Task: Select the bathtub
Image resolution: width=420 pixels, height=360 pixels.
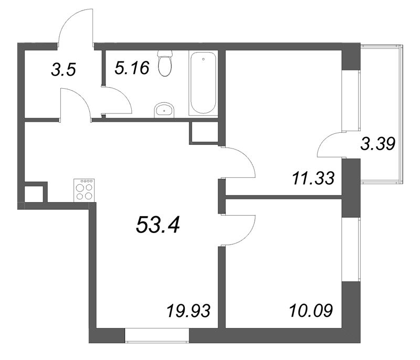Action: [x=203, y=83]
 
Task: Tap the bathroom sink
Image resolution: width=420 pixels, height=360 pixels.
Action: [x=164, y=110]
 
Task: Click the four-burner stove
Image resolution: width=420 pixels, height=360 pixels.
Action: [x=84, y=190]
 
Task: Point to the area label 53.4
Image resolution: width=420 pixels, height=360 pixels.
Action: [x=158, y=224]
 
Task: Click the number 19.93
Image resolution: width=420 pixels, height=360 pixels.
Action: [x=188, y=311]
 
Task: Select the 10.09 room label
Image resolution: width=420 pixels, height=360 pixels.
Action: [x=311, y=311]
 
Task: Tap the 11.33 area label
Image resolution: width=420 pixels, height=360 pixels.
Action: [x=313, y=178]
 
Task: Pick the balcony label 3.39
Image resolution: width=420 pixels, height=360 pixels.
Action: [x=377, y=144]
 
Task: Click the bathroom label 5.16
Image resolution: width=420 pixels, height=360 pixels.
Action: [x=132, y=68]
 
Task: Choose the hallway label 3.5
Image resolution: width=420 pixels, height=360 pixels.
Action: [x=64, y=70]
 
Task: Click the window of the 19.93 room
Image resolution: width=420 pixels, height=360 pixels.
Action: [x=157, y=335]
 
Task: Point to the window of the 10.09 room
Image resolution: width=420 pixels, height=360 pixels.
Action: [x=351, y=249]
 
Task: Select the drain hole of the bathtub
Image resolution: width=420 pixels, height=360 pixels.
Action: [x=203, y=59]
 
